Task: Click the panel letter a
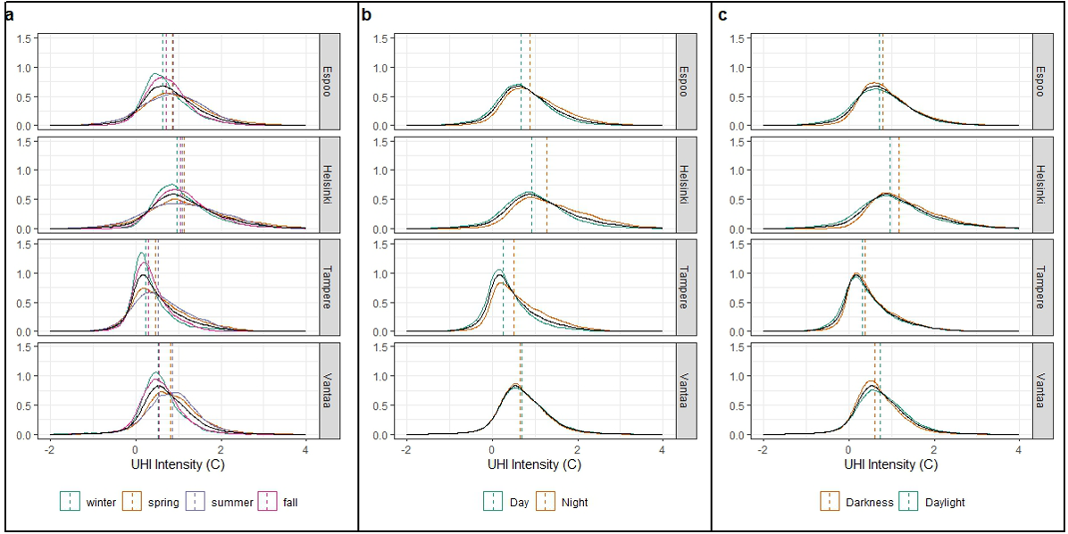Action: [9, 13]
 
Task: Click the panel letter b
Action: [366, 13]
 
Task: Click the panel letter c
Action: [722, 13]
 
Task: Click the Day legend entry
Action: [517, 502]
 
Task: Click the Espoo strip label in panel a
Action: [330, 80]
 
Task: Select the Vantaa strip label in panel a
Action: [330, 390]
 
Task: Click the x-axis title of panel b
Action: [533, 465]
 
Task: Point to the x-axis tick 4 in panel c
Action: [1018, 450]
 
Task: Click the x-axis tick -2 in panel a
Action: [50, 450]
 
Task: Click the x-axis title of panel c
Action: [889, 465]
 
